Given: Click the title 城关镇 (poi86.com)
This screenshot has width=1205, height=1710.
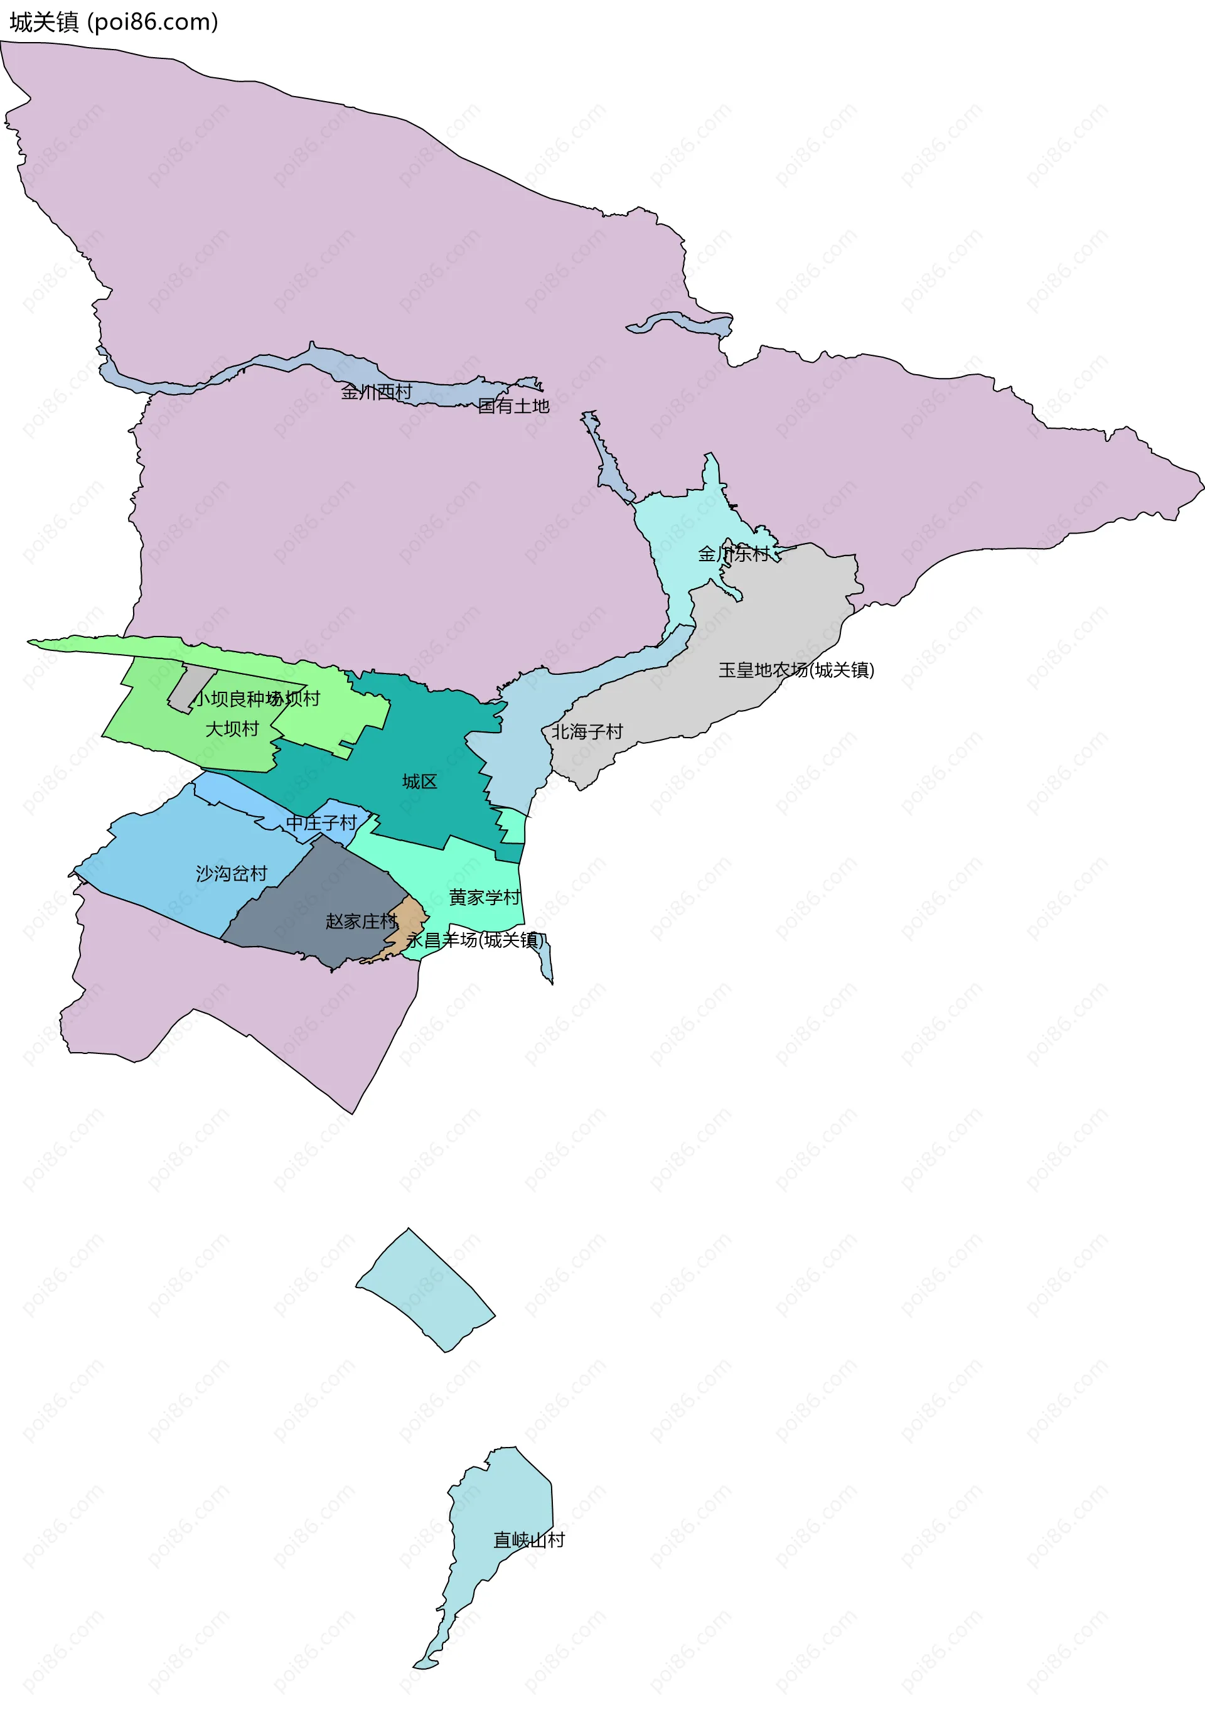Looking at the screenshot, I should coord(113,23).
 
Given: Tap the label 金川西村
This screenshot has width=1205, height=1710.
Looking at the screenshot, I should coord(376,392).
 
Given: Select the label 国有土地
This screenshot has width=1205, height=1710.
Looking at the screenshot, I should coord(513,406).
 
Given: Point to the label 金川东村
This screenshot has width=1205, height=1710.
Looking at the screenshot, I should coord(733,554).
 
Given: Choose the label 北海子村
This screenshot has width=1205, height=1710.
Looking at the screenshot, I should coord(587,732).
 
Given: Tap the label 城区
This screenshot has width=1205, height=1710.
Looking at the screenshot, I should coord(419,782).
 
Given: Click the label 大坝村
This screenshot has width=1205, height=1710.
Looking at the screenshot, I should coord(232,729).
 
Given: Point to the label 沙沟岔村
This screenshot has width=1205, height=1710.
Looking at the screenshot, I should coord(231,874).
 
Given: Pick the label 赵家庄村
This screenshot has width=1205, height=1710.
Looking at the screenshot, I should coord(361,922).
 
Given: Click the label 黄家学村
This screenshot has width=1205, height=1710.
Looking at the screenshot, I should coord(484,898).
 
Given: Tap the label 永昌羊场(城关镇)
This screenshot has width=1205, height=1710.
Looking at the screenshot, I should coord(474,940).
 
